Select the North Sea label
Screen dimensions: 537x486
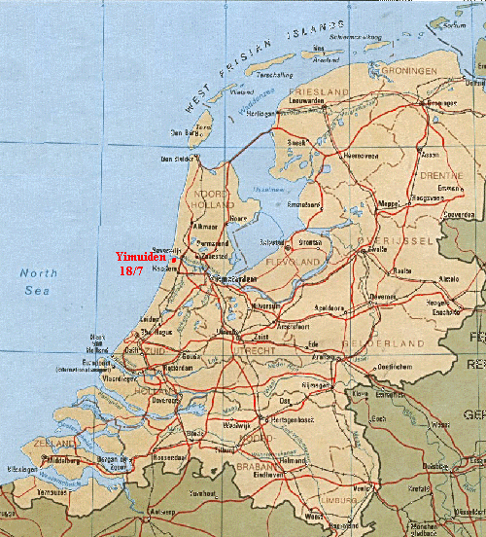39,281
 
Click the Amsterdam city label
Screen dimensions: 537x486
232,280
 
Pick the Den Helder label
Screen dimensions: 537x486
178,160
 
